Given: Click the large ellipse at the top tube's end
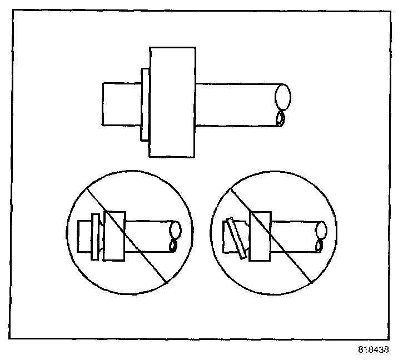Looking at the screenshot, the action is (x=283, y=97).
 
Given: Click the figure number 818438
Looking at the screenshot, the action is (x=374, y=351).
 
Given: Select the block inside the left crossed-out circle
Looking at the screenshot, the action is (x=115, y=235).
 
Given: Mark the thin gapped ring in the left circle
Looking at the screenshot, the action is (x=96, y=236).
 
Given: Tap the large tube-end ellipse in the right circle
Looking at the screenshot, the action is (x=321, y=229).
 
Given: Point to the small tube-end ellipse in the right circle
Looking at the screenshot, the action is (x=319, y=244).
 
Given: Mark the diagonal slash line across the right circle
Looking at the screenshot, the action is (x=295, y=261).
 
